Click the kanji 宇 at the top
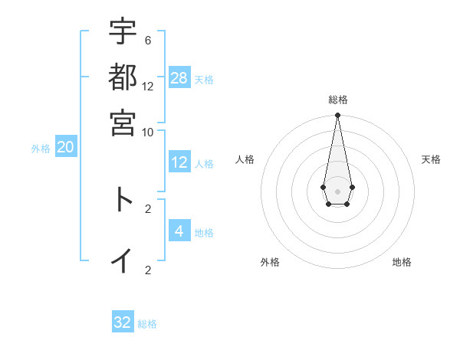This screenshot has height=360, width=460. (123, 31)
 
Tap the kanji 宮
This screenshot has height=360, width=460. (123, 122)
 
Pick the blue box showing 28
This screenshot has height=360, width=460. (179, 77)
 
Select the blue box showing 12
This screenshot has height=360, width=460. (179, 162)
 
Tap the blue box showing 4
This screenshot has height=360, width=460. (179, 231)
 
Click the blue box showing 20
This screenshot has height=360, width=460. (65, 148)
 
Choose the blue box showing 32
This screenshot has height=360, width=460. (123, 322)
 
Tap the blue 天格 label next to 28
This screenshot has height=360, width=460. (204, 79)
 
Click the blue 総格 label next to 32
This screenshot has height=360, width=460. (147, 324)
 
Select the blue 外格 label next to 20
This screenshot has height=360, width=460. (41, 149)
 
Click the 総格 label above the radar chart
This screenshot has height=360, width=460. (337, 100)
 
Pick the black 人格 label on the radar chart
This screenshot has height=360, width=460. (245, 159)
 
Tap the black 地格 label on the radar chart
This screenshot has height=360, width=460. (402, 262)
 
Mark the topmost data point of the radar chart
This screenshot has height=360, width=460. (337, 116)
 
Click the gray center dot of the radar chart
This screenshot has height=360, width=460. (337, 191)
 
